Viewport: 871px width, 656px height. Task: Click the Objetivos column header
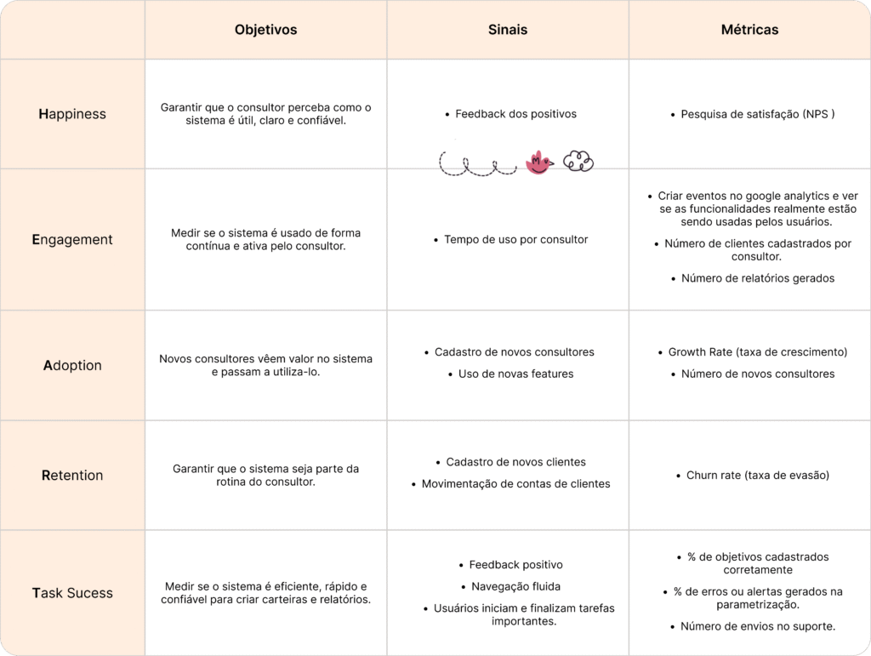pos(265,30)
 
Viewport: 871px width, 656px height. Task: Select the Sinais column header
pos(508,30)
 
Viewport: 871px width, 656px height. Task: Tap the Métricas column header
pos(749,30)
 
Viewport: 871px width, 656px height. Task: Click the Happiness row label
pos(72,114)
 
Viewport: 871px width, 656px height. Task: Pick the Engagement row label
pos(72,240)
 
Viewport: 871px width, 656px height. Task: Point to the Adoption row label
pos(72,366)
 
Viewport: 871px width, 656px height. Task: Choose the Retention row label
pos(72,476)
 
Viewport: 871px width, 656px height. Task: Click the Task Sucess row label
pos(72,593)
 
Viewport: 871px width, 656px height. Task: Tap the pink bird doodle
pos(538,163)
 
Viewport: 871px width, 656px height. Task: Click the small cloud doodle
pos(578,162)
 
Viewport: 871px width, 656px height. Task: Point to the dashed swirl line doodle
pos(477,164)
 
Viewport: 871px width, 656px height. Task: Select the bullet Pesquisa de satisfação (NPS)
pos(757,114)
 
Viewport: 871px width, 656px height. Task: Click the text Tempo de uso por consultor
pos(515,240)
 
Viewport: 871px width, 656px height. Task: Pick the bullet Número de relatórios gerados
pos(757,278)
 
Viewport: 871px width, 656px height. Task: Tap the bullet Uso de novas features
pos(515,374)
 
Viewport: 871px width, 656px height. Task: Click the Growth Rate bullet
pos(757,352)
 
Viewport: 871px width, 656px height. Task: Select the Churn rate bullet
pos(757,476)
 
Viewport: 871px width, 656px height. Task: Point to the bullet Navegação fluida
pos(515,586)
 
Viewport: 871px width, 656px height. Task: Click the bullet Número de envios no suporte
pos(757,627)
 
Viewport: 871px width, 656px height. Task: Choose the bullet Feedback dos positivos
pos(515,114)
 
